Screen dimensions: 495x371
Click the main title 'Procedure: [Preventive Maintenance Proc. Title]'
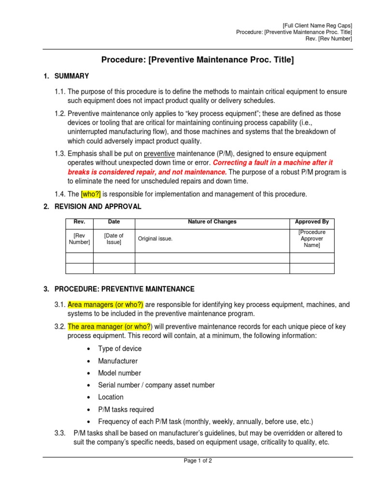pyautogui.click(x=197, y=60)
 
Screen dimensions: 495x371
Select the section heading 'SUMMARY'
pyautogui.click(x=71, y=76)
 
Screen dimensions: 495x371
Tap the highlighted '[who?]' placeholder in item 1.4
pyautogui.click(x=91, y=194)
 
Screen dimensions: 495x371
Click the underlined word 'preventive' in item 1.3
pyautogui.click(x=159, y=154)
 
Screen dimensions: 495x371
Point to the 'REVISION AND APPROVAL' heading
pyautogui.click(x=98, y=206)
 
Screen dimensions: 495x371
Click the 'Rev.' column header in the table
pyautogui.click(x=79, y=222)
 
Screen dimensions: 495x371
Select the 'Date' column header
pyautogui.click(x=114, y=222)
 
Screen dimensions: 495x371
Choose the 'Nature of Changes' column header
pyautogui.click(x=212, y=222)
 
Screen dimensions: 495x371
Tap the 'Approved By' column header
pyautogui.click(x=312, y=222)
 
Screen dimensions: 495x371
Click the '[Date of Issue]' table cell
pyautogui.click(x=114, y=239)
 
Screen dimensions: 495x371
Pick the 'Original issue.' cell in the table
pyautogui.click(x=155, y=239)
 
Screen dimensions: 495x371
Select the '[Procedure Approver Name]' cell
pyautogui.click(x=312, y=239)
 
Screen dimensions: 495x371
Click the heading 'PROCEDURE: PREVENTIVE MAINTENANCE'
pyautogui.click(x=124, y=289)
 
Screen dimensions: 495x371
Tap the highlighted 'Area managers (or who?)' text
pyautogui.click(x=105, y=305)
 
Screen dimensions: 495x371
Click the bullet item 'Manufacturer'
pyautogui.click(x=118, y=361)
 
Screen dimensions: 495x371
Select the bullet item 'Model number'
pyautogui.click(x=119, y=373)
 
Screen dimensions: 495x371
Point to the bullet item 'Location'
pyautogui.click(x=111, y=397)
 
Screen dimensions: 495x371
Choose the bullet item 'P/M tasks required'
pyautogui.click(x=126, y=409)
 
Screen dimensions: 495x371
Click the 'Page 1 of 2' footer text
pyautogui.click(x=198, y=461)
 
